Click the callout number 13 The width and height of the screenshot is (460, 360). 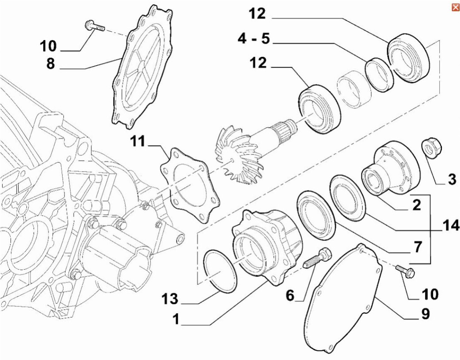point(169,300)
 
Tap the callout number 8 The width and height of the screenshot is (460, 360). point(51,64)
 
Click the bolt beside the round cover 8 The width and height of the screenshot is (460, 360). point(93,28)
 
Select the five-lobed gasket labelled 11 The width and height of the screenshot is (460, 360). point(190,187)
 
